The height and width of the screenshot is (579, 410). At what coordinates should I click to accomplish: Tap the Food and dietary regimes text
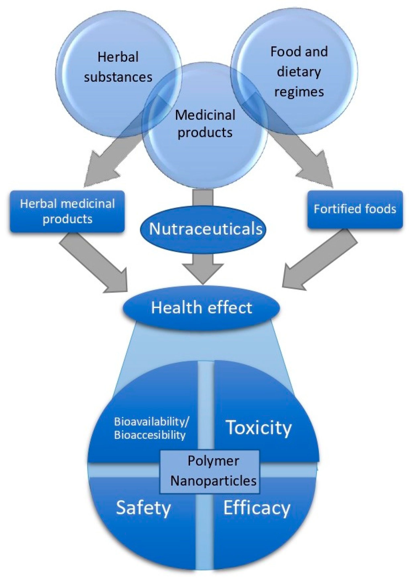pyautogui.click(x=299, y=71)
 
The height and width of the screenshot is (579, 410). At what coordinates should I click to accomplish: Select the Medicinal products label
pyautogui.click(x=205, y=124)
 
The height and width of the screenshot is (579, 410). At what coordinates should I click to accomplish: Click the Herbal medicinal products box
pyautogui.click(x=67, y=211)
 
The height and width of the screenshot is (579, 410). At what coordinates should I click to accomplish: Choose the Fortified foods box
pyautogui.click(x=355, y=209)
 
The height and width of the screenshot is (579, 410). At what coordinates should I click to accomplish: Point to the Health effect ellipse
pyautogui.click(x=201, y=308)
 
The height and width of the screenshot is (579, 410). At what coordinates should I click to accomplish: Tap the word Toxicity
pyautogui.click(x=259, y=428)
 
